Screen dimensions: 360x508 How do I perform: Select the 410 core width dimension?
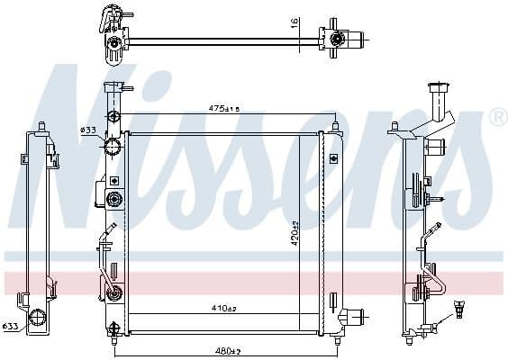coord(223,309)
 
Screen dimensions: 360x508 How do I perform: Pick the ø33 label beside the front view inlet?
coord(88,130)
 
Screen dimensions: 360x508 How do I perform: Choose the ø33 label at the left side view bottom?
coord(9,327)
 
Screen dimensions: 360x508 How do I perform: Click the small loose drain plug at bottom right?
coord(461,308)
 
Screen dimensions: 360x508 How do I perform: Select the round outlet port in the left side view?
coord(39,316)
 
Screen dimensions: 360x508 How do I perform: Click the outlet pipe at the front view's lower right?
coord(353,316)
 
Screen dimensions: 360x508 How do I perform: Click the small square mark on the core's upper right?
coord(333,158)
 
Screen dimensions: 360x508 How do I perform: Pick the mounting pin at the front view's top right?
coord(335,124)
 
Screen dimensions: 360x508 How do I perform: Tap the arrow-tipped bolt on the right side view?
coord(436,198)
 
